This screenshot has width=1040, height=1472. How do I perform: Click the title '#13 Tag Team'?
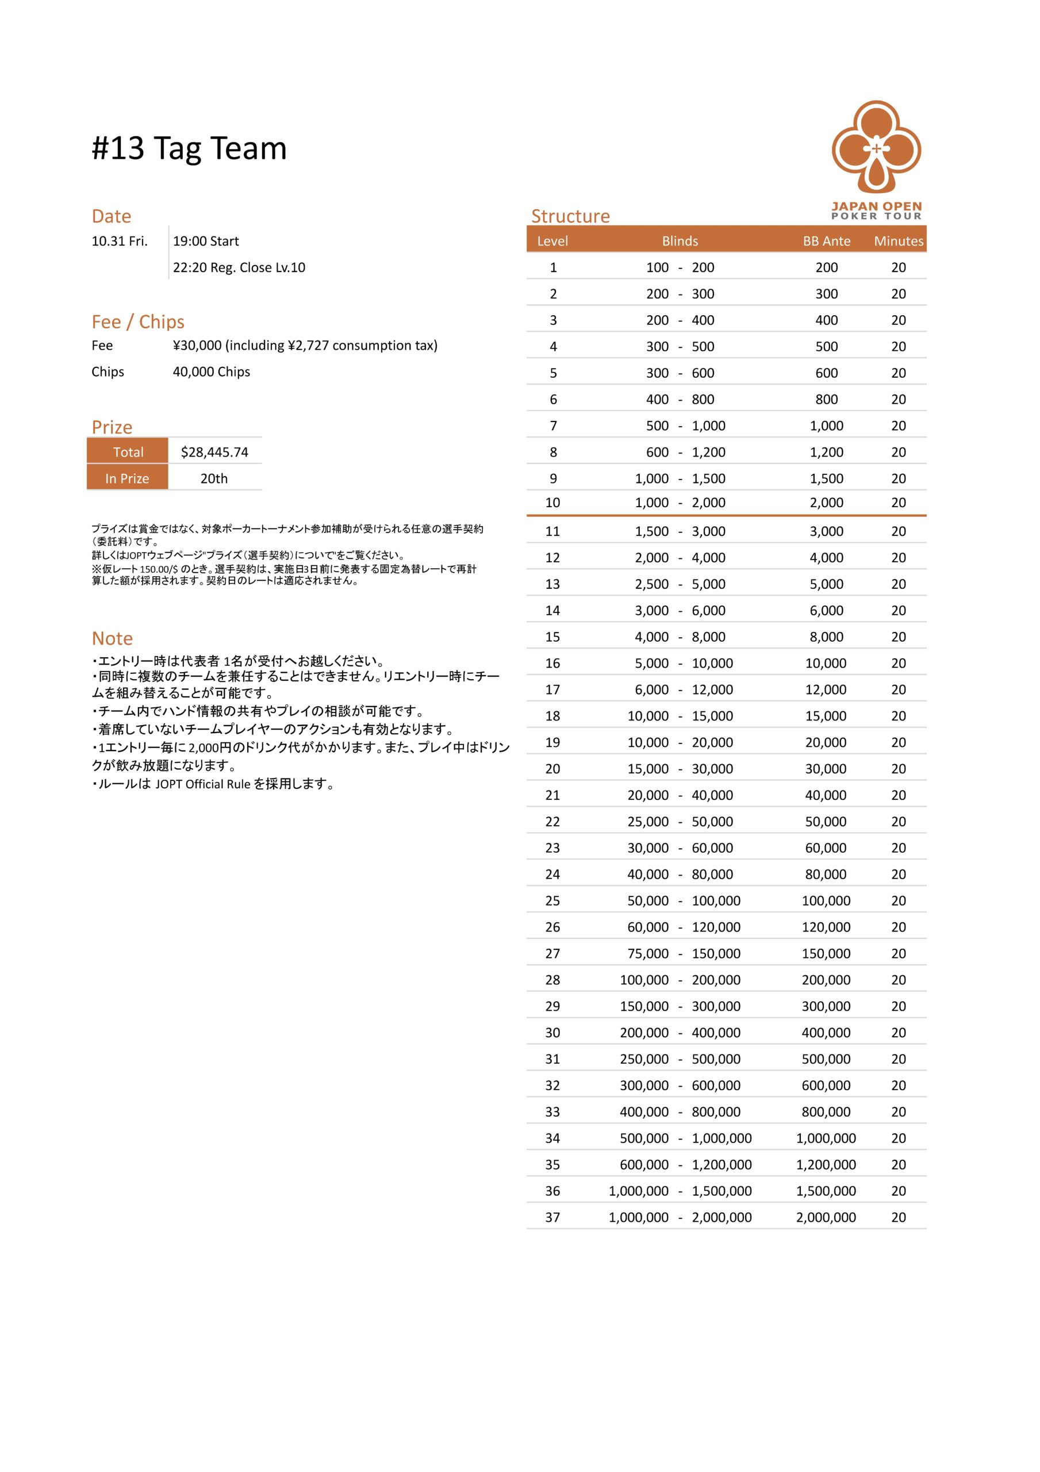(189, 148)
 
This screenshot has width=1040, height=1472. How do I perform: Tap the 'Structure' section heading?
(570, 216)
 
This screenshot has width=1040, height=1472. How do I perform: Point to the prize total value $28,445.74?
(214, 452)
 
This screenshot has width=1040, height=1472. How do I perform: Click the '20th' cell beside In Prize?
(214, 478)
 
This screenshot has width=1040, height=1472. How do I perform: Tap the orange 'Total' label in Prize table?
(128, 452)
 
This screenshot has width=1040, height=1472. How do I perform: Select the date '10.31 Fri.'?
(120, 241)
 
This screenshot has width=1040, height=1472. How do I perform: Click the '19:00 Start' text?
(206, 241)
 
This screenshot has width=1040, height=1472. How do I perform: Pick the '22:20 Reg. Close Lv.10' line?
(239, 267)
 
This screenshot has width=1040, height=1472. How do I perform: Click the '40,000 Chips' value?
(212, 372)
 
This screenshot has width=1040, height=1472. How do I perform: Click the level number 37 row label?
(552, 1217)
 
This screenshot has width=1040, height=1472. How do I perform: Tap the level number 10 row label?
(552, 503)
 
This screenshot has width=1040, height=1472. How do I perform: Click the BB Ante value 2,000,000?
(826, 1217)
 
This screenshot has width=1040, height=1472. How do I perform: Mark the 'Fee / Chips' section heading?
(138, 321)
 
